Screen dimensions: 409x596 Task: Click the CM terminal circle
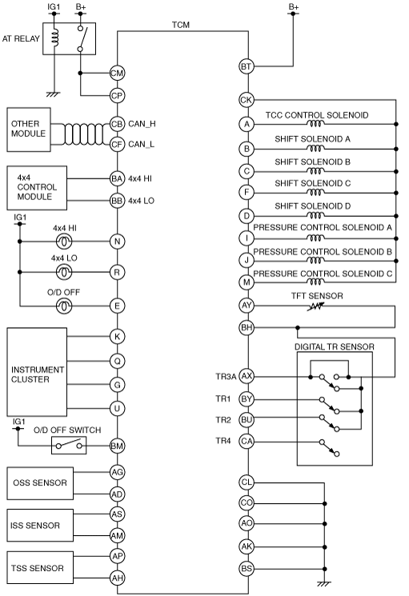pyautogui.click(x=117, y=73)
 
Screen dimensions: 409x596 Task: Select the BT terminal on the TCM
pyautogui.click(x=247, y=66)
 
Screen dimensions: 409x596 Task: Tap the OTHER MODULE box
pyautogui.click(x=29, y=130)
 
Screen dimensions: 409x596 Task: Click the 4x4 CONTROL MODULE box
pyautogui.click(x=37, y=188)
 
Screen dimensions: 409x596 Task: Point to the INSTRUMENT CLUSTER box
pyautogui.click(x=37, y=372)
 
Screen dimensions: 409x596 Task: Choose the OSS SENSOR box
pyautogui.click(x=40, y=483)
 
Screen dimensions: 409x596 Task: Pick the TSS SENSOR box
pyautogui.click(x=40, y=568)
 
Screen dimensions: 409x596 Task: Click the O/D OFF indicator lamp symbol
pyautogui.click(x=64, y=306)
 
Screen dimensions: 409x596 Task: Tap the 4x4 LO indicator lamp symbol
pyautogui.click(x=64, y=272)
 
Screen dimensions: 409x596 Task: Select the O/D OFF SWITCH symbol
pyautogui.click(x=69, y=445)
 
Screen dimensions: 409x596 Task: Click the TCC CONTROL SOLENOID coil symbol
pyautogui.click(x=315, y=123)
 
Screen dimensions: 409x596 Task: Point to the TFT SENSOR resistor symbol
pyautogui.click(x=316, y=306)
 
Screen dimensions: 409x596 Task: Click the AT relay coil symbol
pyautogui.click(x=55, y=38)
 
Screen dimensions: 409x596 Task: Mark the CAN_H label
pyautogui.click(x=142, y=124)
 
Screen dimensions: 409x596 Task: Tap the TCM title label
pyautogui.click(x=181, y=25)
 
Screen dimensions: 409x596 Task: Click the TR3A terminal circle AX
pyautogui.click(x=247, y=376)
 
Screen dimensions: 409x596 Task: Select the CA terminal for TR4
pyautogui.click(x=247, y=441)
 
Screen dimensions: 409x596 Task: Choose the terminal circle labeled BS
pyautogui.click(x=247, y=569)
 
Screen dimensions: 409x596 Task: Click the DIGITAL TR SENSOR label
pyautogui.click(x=335, y=346)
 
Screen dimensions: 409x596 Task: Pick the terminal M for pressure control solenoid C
pyautogui.click(x=247, y=282)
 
